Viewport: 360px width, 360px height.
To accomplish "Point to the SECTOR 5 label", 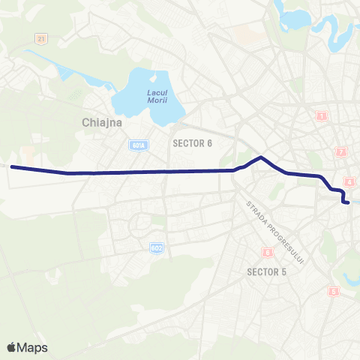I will tap(267, 271).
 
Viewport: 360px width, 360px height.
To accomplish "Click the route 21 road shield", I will tap(40, 37).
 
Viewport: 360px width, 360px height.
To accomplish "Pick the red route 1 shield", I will tap(322, 115).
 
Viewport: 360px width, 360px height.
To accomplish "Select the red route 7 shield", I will tap(342, 152).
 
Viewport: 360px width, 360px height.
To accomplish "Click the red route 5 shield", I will tap(334, 291).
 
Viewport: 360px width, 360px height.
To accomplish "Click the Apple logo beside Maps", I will tap(12, 347).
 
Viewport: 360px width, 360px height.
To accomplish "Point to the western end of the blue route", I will tap(12, 167).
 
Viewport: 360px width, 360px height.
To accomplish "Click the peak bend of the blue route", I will tap(260, 157).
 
